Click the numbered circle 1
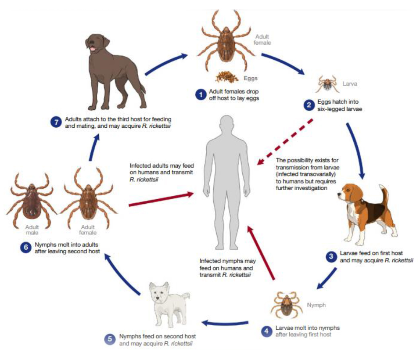pyautogui.click(x=201, y=95)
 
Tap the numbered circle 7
pyautogui.click(x=56, y=122)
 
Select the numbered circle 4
pyautogui.click(x=267, y=331)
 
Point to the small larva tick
pyautogui.click(x=327, y=84)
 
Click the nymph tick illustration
pyautogui.click(x=286, y=305)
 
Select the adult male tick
pyautogui.click(x=31, y=200)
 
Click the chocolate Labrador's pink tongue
pyautogui.click(x=92, y=48)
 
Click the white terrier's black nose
pyautogui.click(x=157, y=298)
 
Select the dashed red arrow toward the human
pyautogui.click(x=285, y=142)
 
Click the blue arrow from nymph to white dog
pyautogui.click(x=225, y=323)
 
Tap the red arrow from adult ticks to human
pyautogui.click(x=161, y=199)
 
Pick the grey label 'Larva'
pyautogui.click(x=349, y=84)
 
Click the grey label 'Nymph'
pyautogui.click(x=316, y=305)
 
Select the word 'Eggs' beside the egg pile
pyautogui.click(x=250, y=78)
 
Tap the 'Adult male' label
pyautogui.click(x=32, y=230)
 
